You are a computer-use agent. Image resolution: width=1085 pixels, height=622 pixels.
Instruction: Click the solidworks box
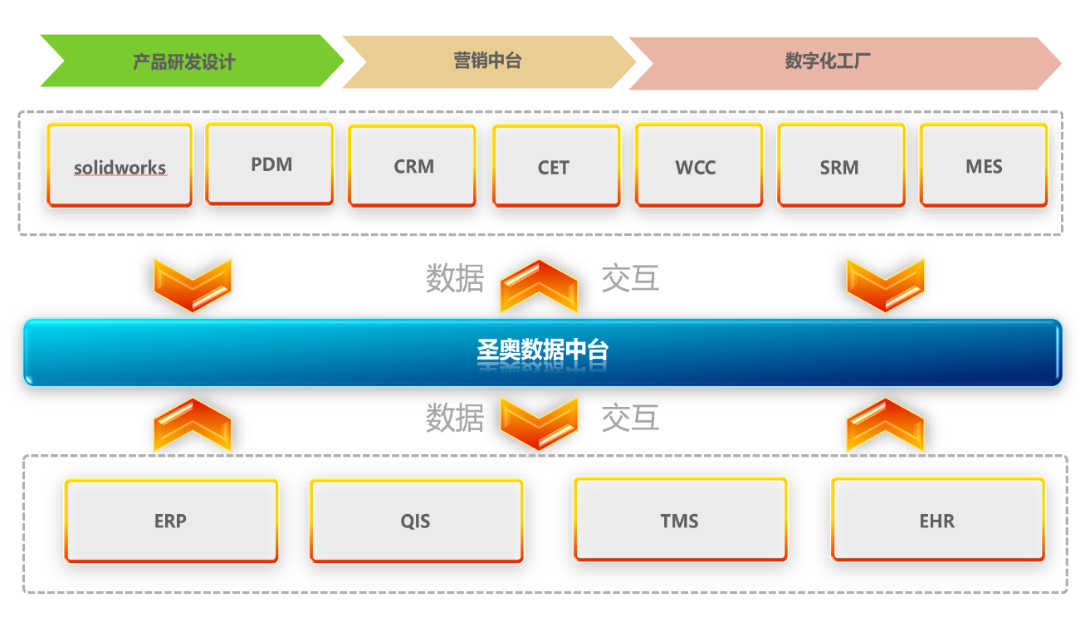click(120, 165)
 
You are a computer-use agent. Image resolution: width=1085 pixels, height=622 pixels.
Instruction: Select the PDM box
click(270, 164)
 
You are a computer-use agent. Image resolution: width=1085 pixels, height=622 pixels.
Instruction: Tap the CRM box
click(413, 166)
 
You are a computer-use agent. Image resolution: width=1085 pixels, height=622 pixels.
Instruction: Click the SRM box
click(841, 166)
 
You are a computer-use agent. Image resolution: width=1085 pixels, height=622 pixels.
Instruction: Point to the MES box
click(984, 165)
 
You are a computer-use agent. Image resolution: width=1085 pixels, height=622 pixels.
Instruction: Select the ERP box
click(171, 521)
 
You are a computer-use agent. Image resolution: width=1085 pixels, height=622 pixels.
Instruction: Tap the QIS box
click(416, 521)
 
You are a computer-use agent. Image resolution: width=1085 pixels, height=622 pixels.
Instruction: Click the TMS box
click(680, 520)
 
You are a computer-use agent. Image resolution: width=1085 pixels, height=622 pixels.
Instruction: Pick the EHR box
click(937, 520)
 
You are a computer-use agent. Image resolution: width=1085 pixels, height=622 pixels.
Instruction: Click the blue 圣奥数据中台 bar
click(542, 352)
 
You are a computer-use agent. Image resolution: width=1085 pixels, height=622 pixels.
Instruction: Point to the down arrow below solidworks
click(192, 285)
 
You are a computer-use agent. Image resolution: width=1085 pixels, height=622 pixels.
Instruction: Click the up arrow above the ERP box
click(192, 424)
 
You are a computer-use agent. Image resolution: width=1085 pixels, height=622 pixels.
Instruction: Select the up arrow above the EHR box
click(885, 424)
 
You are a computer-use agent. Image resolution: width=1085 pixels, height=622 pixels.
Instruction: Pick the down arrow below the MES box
click(885, 285)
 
